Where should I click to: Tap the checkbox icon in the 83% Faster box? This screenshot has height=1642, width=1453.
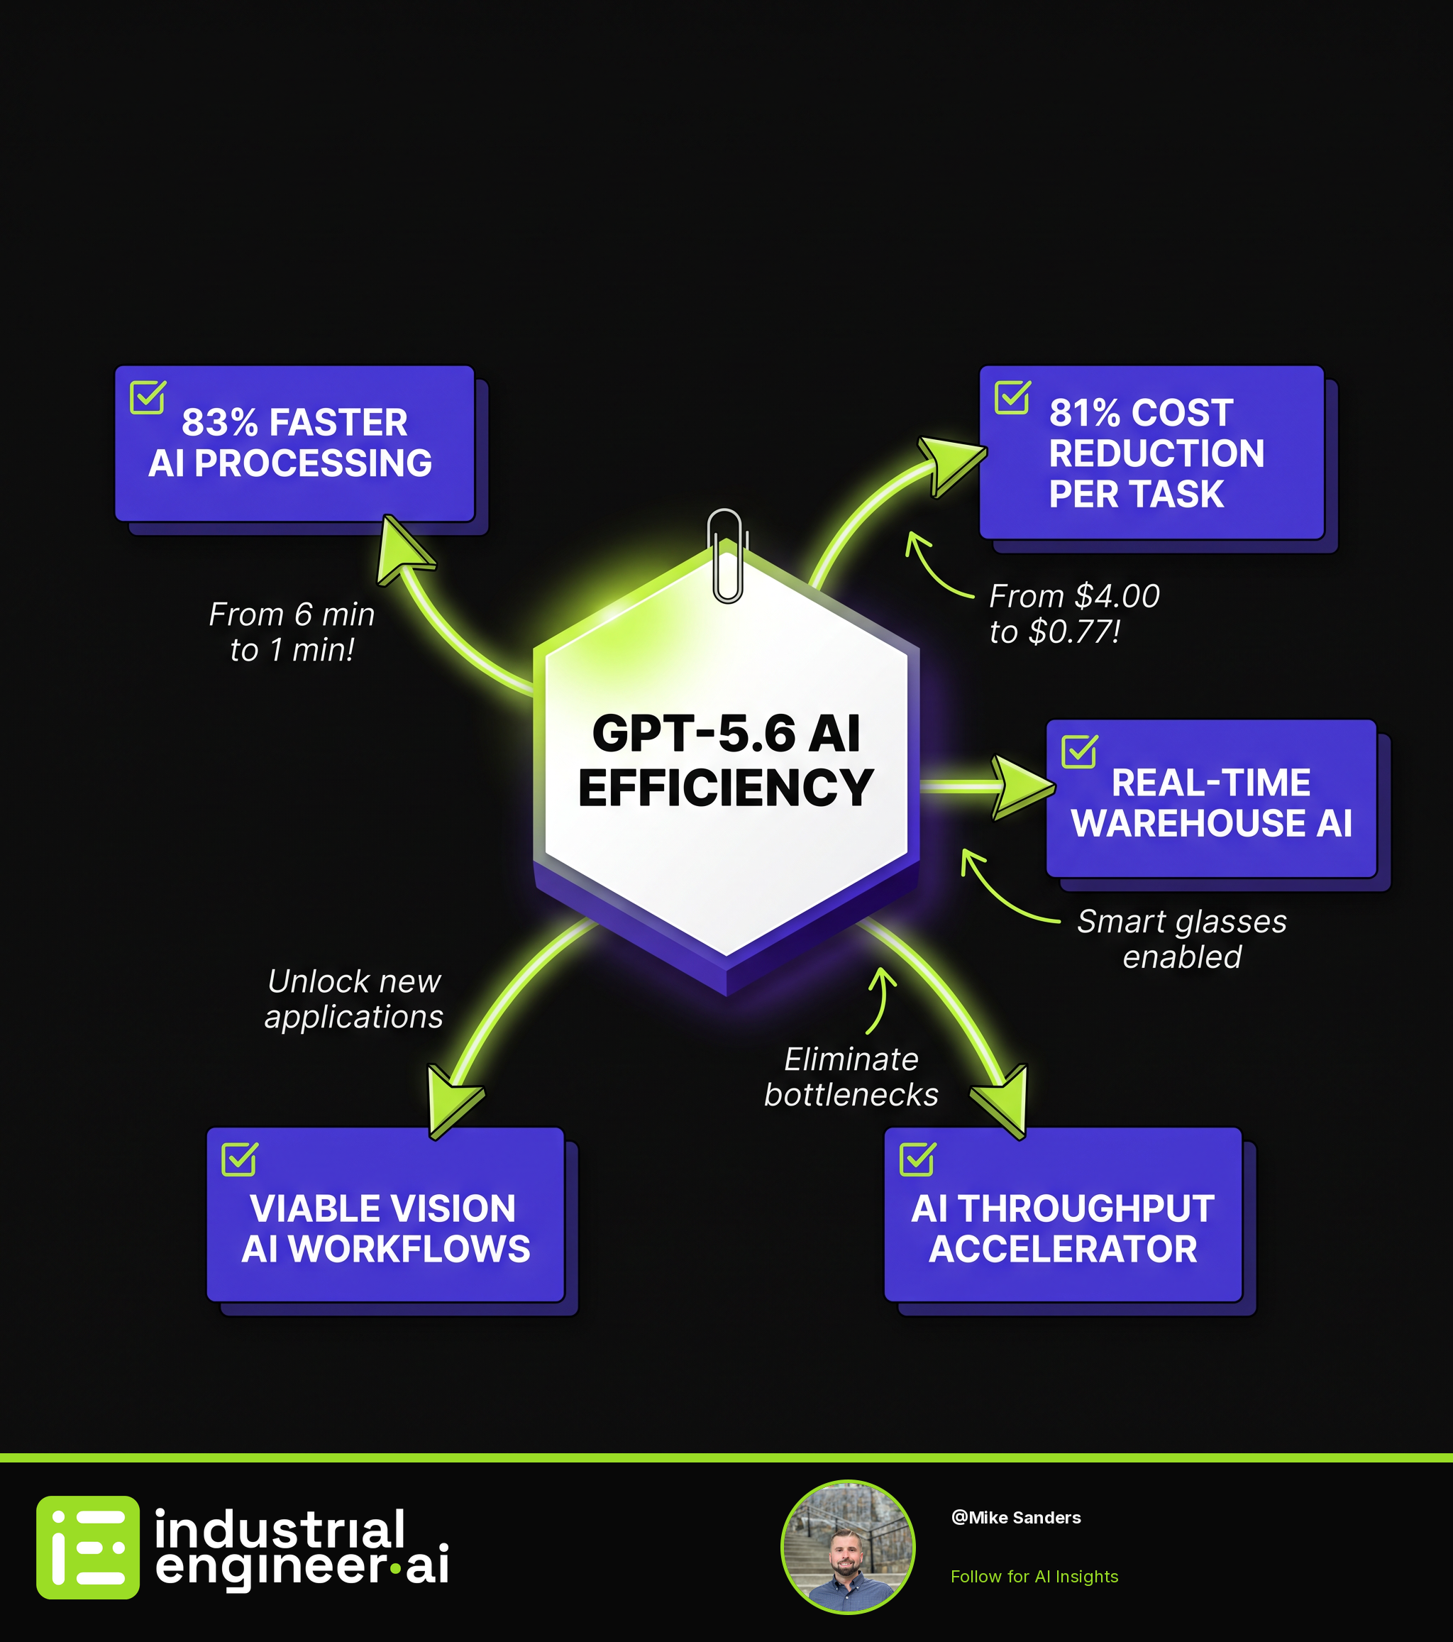[x=148, y=397]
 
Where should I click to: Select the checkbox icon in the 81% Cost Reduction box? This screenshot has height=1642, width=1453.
[x=1012, y=397]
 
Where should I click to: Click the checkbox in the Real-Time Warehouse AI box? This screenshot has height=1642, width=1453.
[x=1080, y=751]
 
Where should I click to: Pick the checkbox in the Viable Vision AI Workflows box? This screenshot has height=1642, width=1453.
[x=239, y=1158]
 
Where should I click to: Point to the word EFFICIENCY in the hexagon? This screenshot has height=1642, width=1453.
[x=726, y=786]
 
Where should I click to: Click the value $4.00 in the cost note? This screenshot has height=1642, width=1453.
[x=1117, y=596]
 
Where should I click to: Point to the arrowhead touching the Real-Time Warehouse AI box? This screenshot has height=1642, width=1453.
[x=1022, y=787]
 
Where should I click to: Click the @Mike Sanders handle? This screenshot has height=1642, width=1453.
[x=1016, y=1518]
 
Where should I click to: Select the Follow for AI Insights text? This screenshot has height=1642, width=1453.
[x=1034, y=1576]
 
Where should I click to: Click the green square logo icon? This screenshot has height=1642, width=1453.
[x=87, y=1547]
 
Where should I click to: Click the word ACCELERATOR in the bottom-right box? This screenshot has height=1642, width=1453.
[x=1063, y=1249]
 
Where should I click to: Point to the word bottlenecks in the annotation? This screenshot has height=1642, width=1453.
[x=851, y=1095]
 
